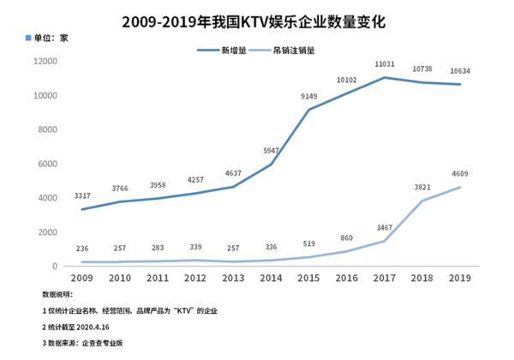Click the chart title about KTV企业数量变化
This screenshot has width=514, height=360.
click(x=257, y=16)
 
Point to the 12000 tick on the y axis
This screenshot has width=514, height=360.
click(x=45, y=62)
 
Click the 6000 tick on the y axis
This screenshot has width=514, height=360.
click(x=47, y=164)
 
